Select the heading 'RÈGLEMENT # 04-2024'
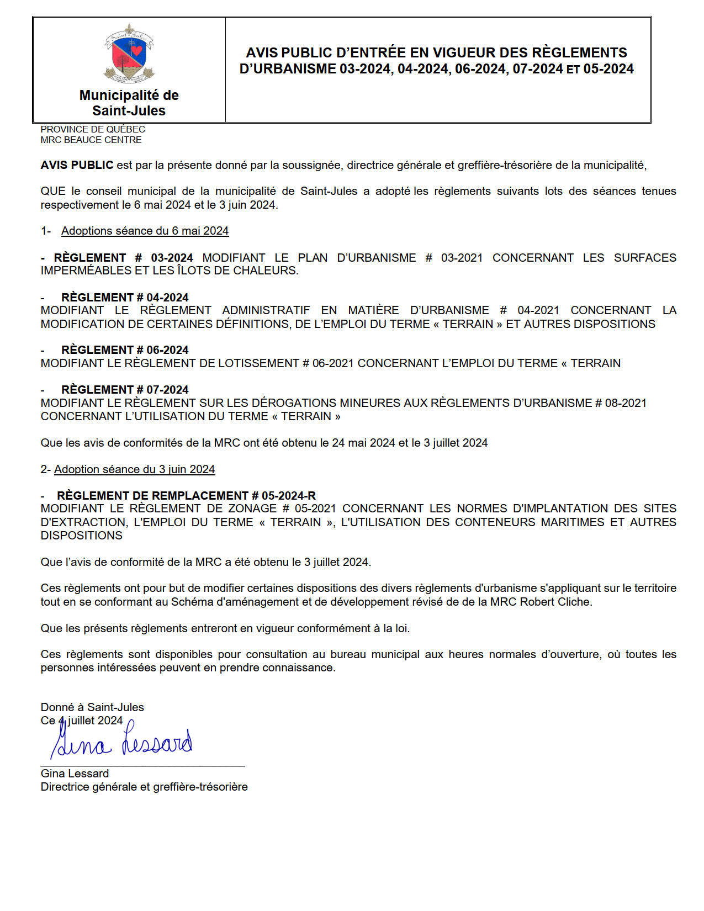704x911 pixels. (x=125, y=298)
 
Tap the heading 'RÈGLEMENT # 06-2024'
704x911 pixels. (x=125, y=350)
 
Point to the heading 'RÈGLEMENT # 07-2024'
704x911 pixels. (x=125, y=390)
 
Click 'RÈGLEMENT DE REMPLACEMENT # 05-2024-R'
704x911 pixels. (x=186, y=496)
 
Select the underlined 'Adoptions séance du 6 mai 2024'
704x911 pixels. (x=145, y=231)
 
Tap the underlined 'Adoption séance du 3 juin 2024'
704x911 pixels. (x=134, y=469)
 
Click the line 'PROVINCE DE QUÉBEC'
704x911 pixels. (x=93, y=129)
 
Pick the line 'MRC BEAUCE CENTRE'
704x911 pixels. (x=91, y=140)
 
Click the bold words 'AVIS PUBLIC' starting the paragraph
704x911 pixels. (x=77, y=165)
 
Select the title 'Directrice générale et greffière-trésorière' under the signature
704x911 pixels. (x=144, y=787)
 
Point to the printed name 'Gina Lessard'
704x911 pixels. (x=75, y=774)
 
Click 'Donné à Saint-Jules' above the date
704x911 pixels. (x=92, y=707)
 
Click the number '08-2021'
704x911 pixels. (x=626, y=403)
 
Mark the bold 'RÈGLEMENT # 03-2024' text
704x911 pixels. (x=123, y=258)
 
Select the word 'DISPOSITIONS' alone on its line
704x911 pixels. (x=82, y=536)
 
